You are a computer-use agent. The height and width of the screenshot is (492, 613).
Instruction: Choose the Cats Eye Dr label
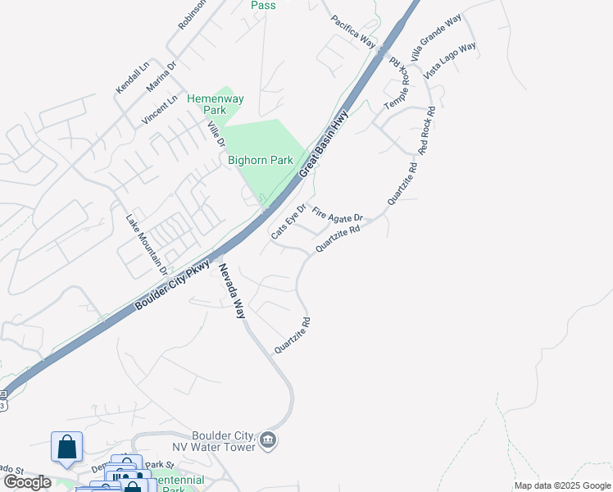pyautogui.click(x=288, y=221)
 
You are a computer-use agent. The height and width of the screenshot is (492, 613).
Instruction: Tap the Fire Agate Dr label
pyautogui.click(x=337, y=217)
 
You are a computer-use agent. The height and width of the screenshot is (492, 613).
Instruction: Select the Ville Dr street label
pyautogui.click(x=216, y=134)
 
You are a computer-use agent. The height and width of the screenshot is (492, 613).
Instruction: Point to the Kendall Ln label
pyautogui.click(x=132, y=76)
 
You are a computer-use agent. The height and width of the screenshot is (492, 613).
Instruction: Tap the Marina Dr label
pyautogui.click(x=161, y=77)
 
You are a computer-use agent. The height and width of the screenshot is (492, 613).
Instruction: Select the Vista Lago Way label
pyautogui.click(x=450, y=60)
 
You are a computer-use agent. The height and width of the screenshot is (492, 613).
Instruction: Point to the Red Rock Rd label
pyautogui.click(x=425, y=130)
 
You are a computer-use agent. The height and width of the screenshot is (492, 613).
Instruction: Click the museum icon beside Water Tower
pyautogui.click(x=268, y=442)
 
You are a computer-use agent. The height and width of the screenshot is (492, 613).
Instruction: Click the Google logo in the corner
pyautogui.click(x=26, y=482)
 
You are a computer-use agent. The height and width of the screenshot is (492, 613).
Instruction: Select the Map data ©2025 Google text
pyautogui.click(x=561, y=485)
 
